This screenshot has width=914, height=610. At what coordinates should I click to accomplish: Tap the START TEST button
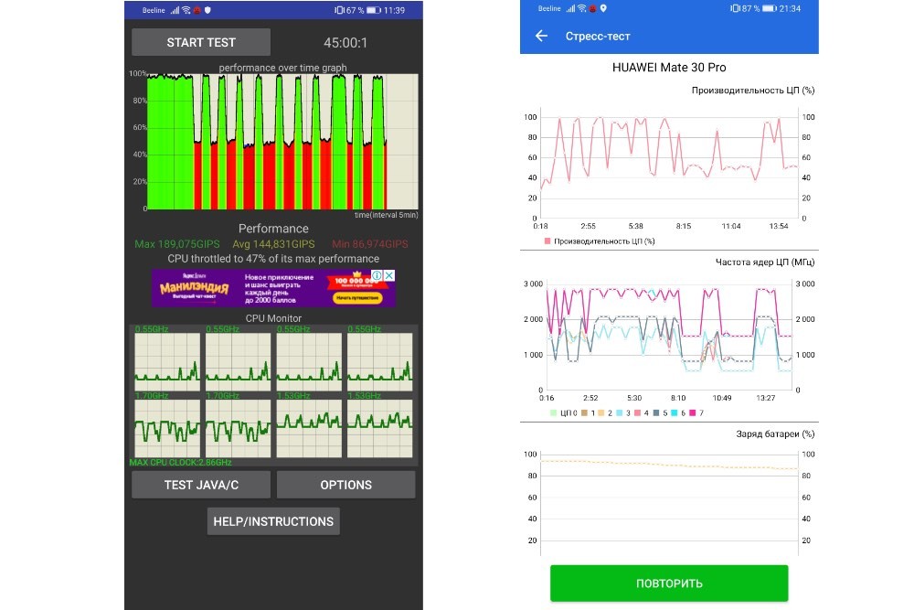point(201,42)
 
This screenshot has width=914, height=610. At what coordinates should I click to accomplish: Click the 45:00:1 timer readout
point(345,43)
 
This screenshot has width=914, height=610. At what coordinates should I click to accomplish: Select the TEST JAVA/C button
point(201,485)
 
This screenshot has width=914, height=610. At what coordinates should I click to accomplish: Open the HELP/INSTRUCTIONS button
point(273,521)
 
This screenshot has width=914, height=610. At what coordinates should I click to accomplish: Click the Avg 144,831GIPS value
point(273,244)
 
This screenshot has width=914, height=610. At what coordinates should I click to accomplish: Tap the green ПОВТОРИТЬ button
point(669,583)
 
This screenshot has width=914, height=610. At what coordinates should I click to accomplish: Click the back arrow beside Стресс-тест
point(541,37)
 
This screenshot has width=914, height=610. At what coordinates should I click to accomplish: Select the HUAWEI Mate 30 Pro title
point(669,68)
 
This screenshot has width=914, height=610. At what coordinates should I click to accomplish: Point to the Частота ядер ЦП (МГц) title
point(764,262)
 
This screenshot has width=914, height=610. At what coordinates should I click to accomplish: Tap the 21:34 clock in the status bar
point(791,9)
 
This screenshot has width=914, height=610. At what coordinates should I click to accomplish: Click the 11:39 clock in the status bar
point(395,10)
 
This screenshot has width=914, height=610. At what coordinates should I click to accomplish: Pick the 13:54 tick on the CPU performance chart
point(779,225)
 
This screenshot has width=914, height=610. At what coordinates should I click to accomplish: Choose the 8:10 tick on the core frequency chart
point(678,398)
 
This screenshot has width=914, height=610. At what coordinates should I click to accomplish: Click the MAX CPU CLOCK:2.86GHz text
point(181,463)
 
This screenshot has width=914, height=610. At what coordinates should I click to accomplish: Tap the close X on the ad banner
point(388,275)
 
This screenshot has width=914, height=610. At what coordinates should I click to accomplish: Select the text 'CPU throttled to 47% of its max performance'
point(273,259)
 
